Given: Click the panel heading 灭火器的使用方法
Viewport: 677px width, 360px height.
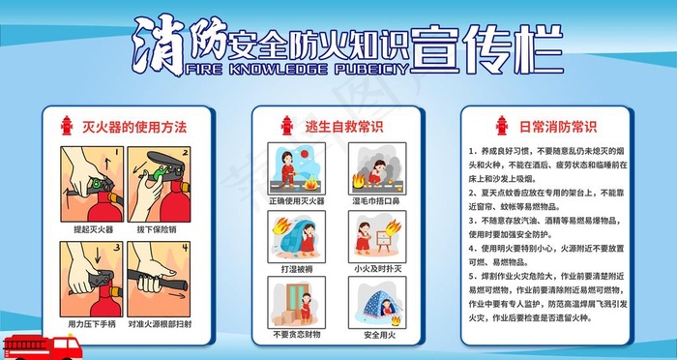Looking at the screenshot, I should coord(133,127).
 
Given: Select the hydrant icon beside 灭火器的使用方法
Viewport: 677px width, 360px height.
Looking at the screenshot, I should coord(67,127).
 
